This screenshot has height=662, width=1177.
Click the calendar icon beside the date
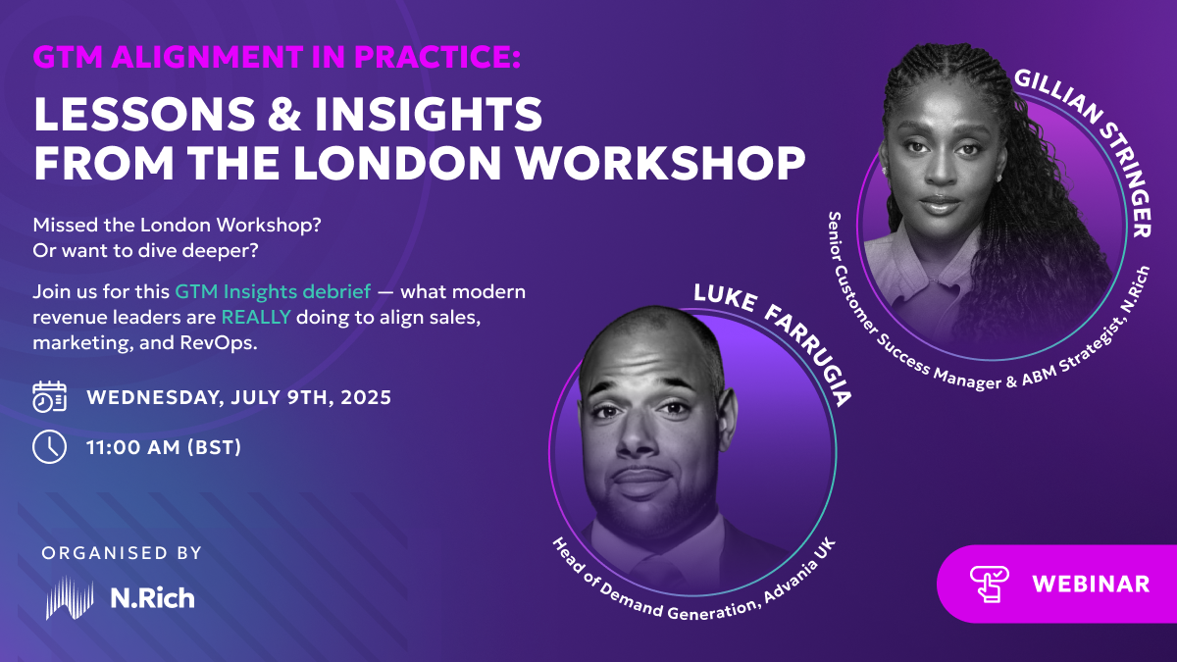click(x=49, y=396)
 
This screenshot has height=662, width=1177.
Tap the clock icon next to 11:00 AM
click(x=49, y=447)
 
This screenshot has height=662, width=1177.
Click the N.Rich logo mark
click(x=70, y=597)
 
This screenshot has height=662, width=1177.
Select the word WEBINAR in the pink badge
click(x=1091, y=585)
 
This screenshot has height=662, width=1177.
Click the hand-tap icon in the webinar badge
click(x=989, y=584)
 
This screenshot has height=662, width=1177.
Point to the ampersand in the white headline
click(x=284, y=114)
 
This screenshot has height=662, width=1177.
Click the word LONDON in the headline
click(x=397, y=164)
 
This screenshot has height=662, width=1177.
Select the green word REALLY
click(x=256, y=317)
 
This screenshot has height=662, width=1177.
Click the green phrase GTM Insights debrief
click(x=273, y=291)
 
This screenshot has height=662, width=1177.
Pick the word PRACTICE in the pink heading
click(x=436, y=57)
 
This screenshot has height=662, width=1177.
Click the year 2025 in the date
click(x=366, y=397)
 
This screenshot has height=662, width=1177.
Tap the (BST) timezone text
click(x=215, y=447)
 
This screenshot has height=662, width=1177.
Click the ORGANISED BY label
click(x=122, y=553)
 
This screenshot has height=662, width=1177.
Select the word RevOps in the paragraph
click(x=219, y=343)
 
